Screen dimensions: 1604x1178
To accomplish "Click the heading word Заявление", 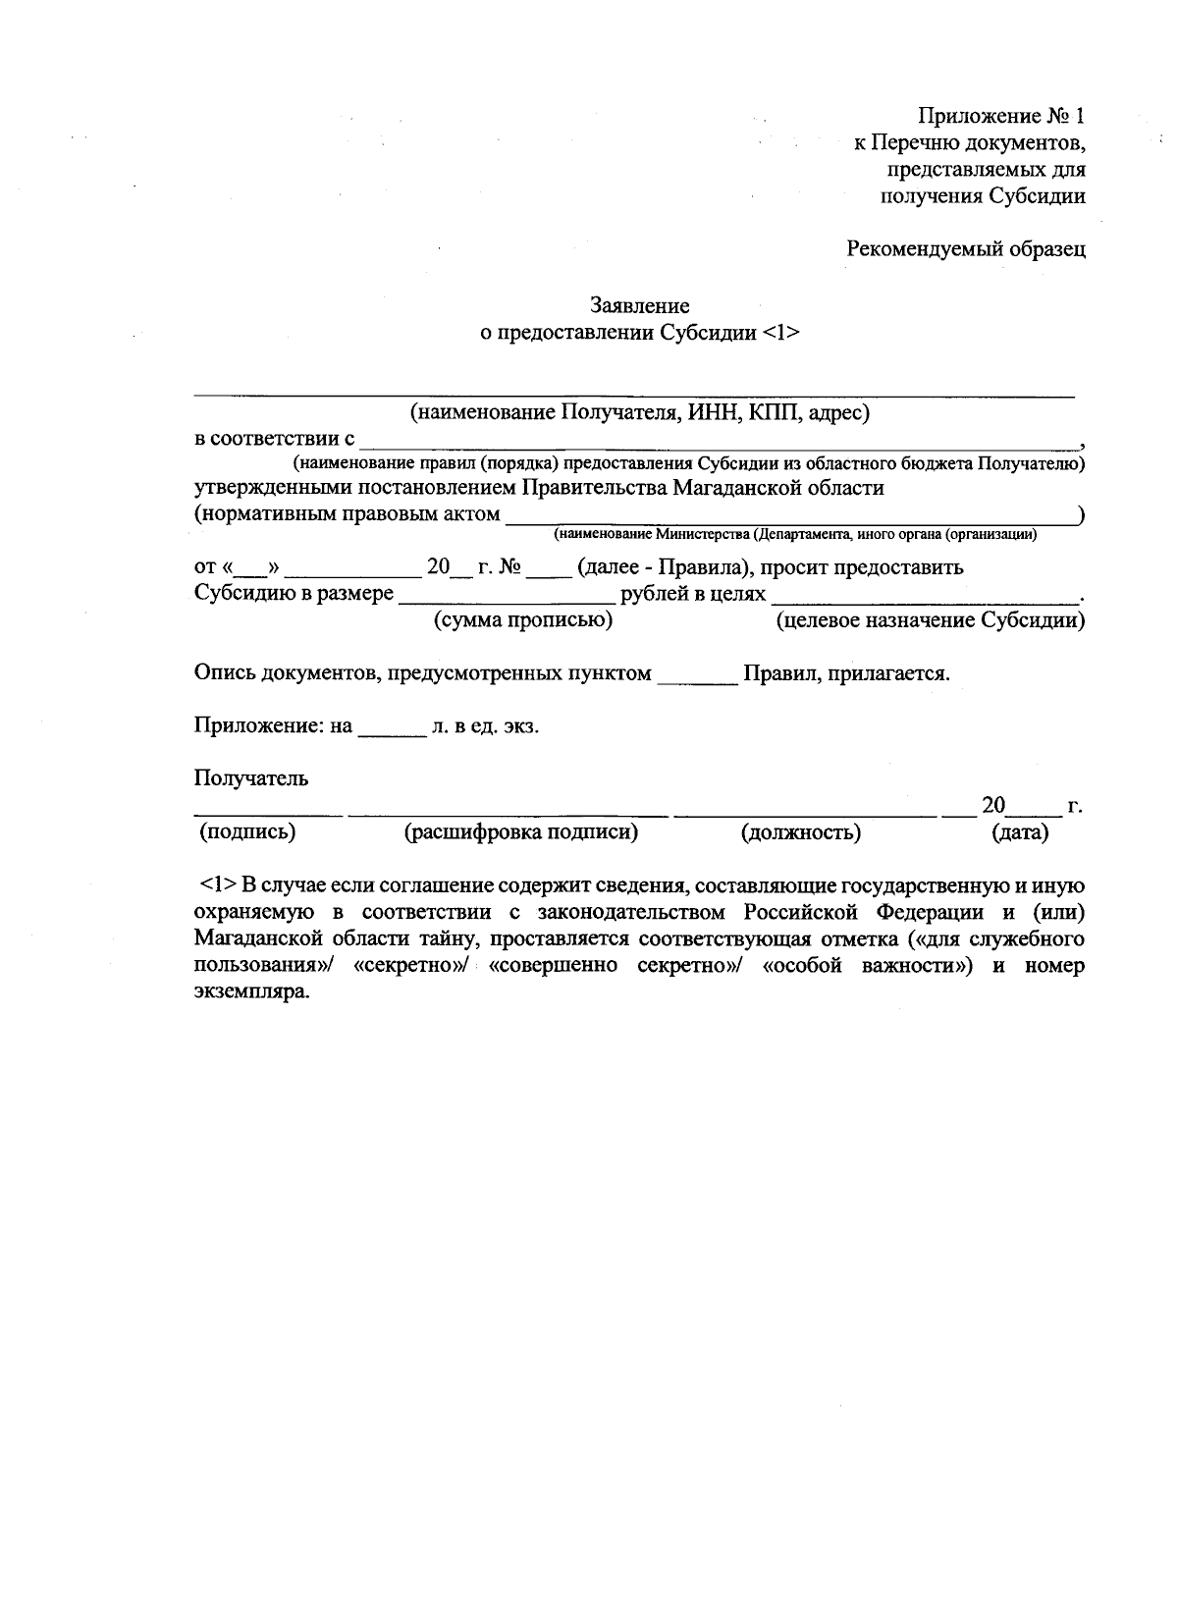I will pyautogui.click(x=640, y=306).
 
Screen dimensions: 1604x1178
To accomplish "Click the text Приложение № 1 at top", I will pyautogui.click(x=1001, y=116).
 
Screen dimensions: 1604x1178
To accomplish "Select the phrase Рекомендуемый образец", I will pyautogui.click(x=966, y=248).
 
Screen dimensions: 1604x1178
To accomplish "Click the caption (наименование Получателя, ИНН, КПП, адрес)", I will pyautogui.click(x=640, y=413).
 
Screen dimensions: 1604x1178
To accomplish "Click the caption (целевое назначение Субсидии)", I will pyautogui.click(x=930, y=620).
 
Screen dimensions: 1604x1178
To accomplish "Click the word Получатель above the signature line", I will pyautogui.click(x=251, y=778).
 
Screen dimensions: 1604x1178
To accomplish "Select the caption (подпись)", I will pyautogui.click(x=247, y=833).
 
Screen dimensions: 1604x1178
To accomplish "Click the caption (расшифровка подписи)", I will pyautogui.click(x=521, y=833).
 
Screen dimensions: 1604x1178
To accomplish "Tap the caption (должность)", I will pyautogui.click(x=800, y=833).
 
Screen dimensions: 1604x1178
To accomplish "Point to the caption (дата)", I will pyautogui.click(x=1020, y=833).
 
